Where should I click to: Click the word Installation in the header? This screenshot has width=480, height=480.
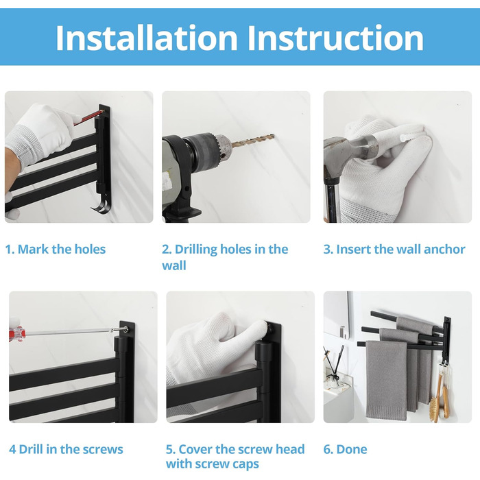click(x=146, y=38)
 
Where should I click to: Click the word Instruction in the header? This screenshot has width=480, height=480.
click(x=335, y=38)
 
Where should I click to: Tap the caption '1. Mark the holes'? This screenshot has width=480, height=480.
click(x=56, y=249)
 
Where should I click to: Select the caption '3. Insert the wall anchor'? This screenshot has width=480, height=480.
click(x=394, y=249)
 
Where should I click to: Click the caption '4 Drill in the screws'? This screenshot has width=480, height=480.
click(x=66, y=449)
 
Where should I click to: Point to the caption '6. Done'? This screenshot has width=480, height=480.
click(x=346, y=449)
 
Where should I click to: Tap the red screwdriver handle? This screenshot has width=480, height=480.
click(x=16, y=331)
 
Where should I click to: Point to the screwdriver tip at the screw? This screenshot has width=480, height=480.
click(x=125, y=329)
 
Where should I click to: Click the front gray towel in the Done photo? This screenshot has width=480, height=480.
click(x=386, y=380)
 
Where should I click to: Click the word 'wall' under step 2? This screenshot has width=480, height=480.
click(x=174, y=265)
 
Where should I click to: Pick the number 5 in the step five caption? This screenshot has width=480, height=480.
click(x=170, y=449)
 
